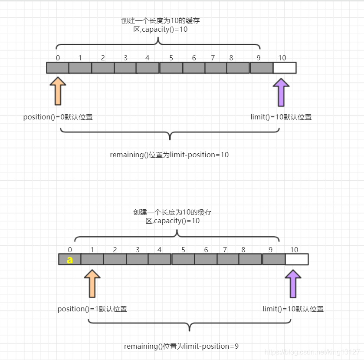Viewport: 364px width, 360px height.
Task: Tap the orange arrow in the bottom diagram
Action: point(92,283)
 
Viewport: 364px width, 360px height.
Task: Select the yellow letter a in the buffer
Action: point(69,260)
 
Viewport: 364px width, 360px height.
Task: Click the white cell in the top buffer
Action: point(285,68)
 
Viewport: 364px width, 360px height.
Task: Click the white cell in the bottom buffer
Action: point(297,259)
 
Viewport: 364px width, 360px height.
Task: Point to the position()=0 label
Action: point(58,117)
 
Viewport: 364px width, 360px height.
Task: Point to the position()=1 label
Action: point(92,309)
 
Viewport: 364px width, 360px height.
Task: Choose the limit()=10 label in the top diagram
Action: point(281,117)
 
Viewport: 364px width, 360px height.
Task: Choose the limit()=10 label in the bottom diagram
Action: point(293,309)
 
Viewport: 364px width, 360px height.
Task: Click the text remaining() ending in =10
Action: point(169,155)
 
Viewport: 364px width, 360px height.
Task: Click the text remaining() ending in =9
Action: point(181,347)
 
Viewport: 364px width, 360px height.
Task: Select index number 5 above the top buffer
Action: point(171,58)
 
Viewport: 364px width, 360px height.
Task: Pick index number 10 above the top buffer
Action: point(282,58)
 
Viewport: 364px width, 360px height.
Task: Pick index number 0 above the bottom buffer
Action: point(70,250)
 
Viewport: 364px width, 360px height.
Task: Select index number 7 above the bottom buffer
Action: point(225,250)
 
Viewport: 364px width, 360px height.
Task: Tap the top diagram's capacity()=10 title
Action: point(161,25)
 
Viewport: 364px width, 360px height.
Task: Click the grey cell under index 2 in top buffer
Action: point(103,68)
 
